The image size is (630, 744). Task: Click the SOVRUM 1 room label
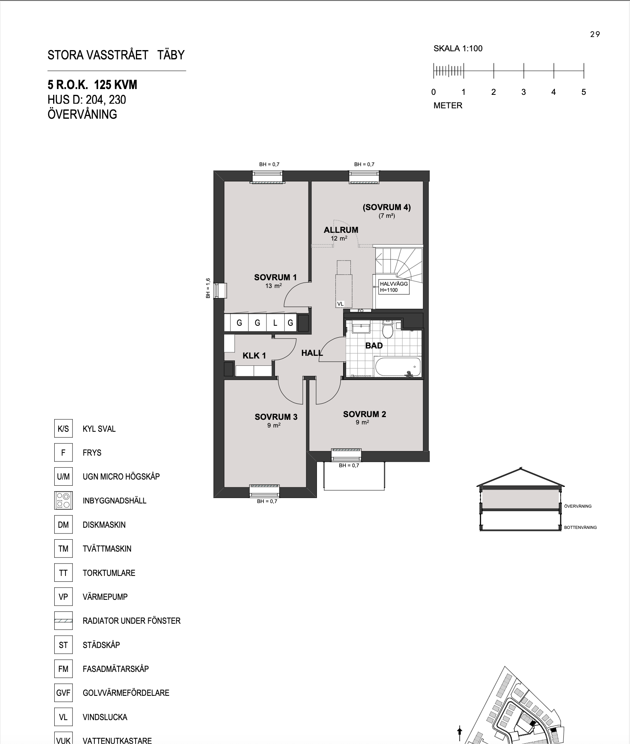click(x=275, y=277)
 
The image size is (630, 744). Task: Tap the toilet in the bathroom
click(x=387, y=329)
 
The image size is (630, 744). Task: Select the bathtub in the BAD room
click(x=398, y=366)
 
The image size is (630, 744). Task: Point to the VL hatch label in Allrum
click(x=340, y=304)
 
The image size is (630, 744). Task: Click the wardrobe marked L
click(x=275, y=323)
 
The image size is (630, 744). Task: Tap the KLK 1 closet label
click(x=254, y=355)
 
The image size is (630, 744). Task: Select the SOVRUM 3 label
click(x=276, y=417)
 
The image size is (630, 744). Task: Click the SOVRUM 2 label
click(x=364, y=414)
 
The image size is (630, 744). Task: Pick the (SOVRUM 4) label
click(x=387, y=207)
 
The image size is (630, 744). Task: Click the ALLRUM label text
click(x=341, y=230)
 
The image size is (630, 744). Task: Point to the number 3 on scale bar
click(x=523, y=92)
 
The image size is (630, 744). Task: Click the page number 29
click(x=595, y=34)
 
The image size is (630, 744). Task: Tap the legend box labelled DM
click(x=63, y=525)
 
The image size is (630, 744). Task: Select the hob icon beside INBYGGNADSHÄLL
click(x=63, y=500)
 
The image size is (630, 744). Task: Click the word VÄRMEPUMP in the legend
click(x=105, y=597)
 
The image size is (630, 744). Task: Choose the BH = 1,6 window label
click(x=208, y=288)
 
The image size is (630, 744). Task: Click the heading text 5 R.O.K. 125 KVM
click(x=92, y=85)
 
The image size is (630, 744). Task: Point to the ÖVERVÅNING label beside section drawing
click(x=578, y=506)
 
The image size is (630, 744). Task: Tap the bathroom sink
click(x=361, y=328)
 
